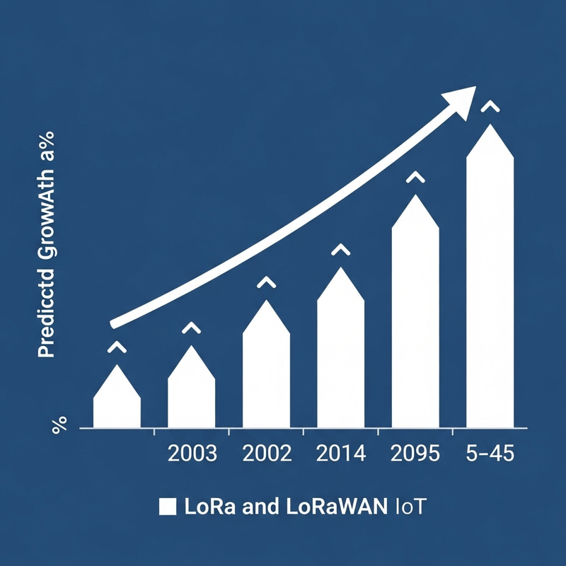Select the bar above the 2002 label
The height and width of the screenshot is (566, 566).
point(266,371)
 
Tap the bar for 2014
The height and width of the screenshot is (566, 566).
point(340,354)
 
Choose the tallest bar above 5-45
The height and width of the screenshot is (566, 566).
point(490,283)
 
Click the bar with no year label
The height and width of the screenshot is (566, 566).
point(117,403)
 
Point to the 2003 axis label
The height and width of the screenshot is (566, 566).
point(191,454)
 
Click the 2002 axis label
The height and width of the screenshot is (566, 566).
point(266,454)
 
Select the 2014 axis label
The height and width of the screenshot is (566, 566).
point(340,454)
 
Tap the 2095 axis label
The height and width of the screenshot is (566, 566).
point(415,454)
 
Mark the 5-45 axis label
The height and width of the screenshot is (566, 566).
point(490,454)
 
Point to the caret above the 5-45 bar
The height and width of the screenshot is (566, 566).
point(490,107)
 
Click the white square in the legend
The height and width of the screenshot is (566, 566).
point(168,507)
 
